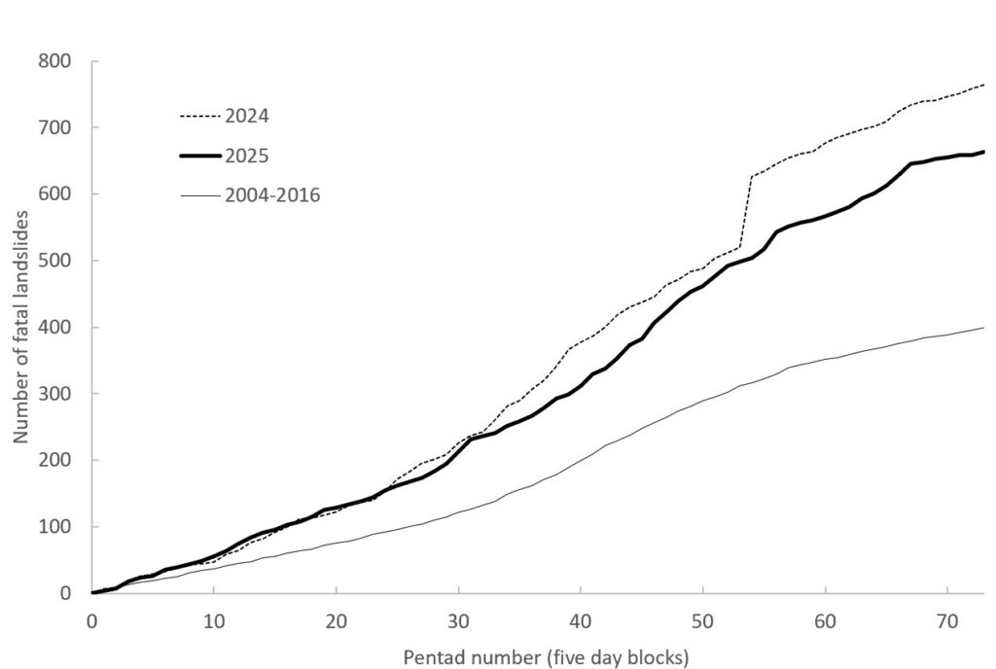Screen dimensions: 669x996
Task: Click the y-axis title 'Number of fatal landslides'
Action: tap(22, 326)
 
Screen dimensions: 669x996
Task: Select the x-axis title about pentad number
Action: tap(546, 658)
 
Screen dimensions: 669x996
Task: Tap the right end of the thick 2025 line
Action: tap(984, 152)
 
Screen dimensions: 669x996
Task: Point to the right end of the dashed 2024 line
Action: tap(984, 85)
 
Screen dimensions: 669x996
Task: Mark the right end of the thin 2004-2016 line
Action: tap(984, 328)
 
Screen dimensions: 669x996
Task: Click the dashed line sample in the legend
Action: tap(199, 116)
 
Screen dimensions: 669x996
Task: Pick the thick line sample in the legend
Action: tap(199, 156)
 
